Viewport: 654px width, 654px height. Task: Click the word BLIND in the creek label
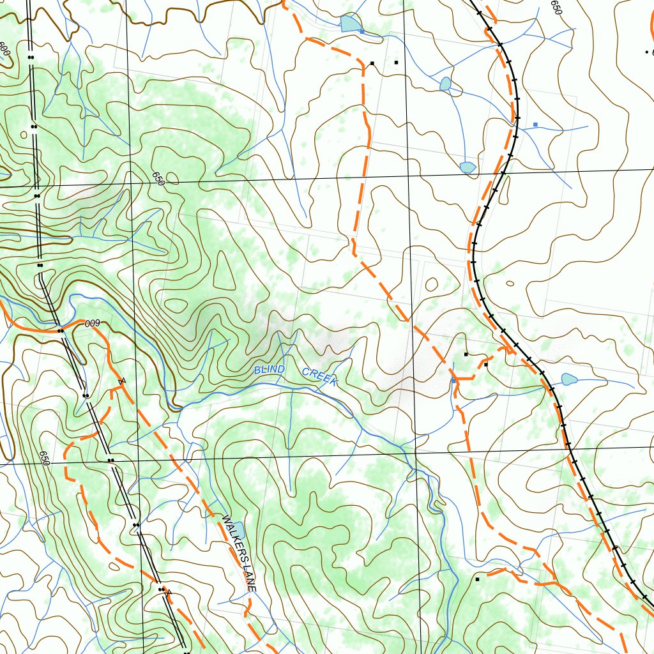click(x=269, y=370)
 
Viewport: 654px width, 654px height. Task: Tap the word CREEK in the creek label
click(x=319, y=376)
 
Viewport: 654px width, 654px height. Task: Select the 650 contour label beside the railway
click(x=556, y=8)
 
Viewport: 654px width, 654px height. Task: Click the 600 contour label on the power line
click(x=4, y=49)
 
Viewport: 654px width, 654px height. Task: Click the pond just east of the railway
click(x=569, y=379)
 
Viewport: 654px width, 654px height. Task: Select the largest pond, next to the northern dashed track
click(x=349, y=24)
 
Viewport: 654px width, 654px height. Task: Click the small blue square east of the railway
click(x=535, y=124)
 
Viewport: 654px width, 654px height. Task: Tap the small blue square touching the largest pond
click(x=362, y=31)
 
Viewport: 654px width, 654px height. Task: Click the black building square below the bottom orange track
click(x=477, y=579)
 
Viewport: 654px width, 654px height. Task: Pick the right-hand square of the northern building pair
click(x=396, y=63)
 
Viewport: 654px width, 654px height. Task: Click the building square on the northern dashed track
click(x=372, y=63)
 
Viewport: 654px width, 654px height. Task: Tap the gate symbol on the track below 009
click(x=121, y=383)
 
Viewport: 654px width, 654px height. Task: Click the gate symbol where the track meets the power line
click(x=167, y=591)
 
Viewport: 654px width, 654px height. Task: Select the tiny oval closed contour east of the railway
click(x=510, y=284)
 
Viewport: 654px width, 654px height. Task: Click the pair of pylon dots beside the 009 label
click(x=60, y=331)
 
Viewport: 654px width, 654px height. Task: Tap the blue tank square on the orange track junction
click(x=453, y=381)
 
